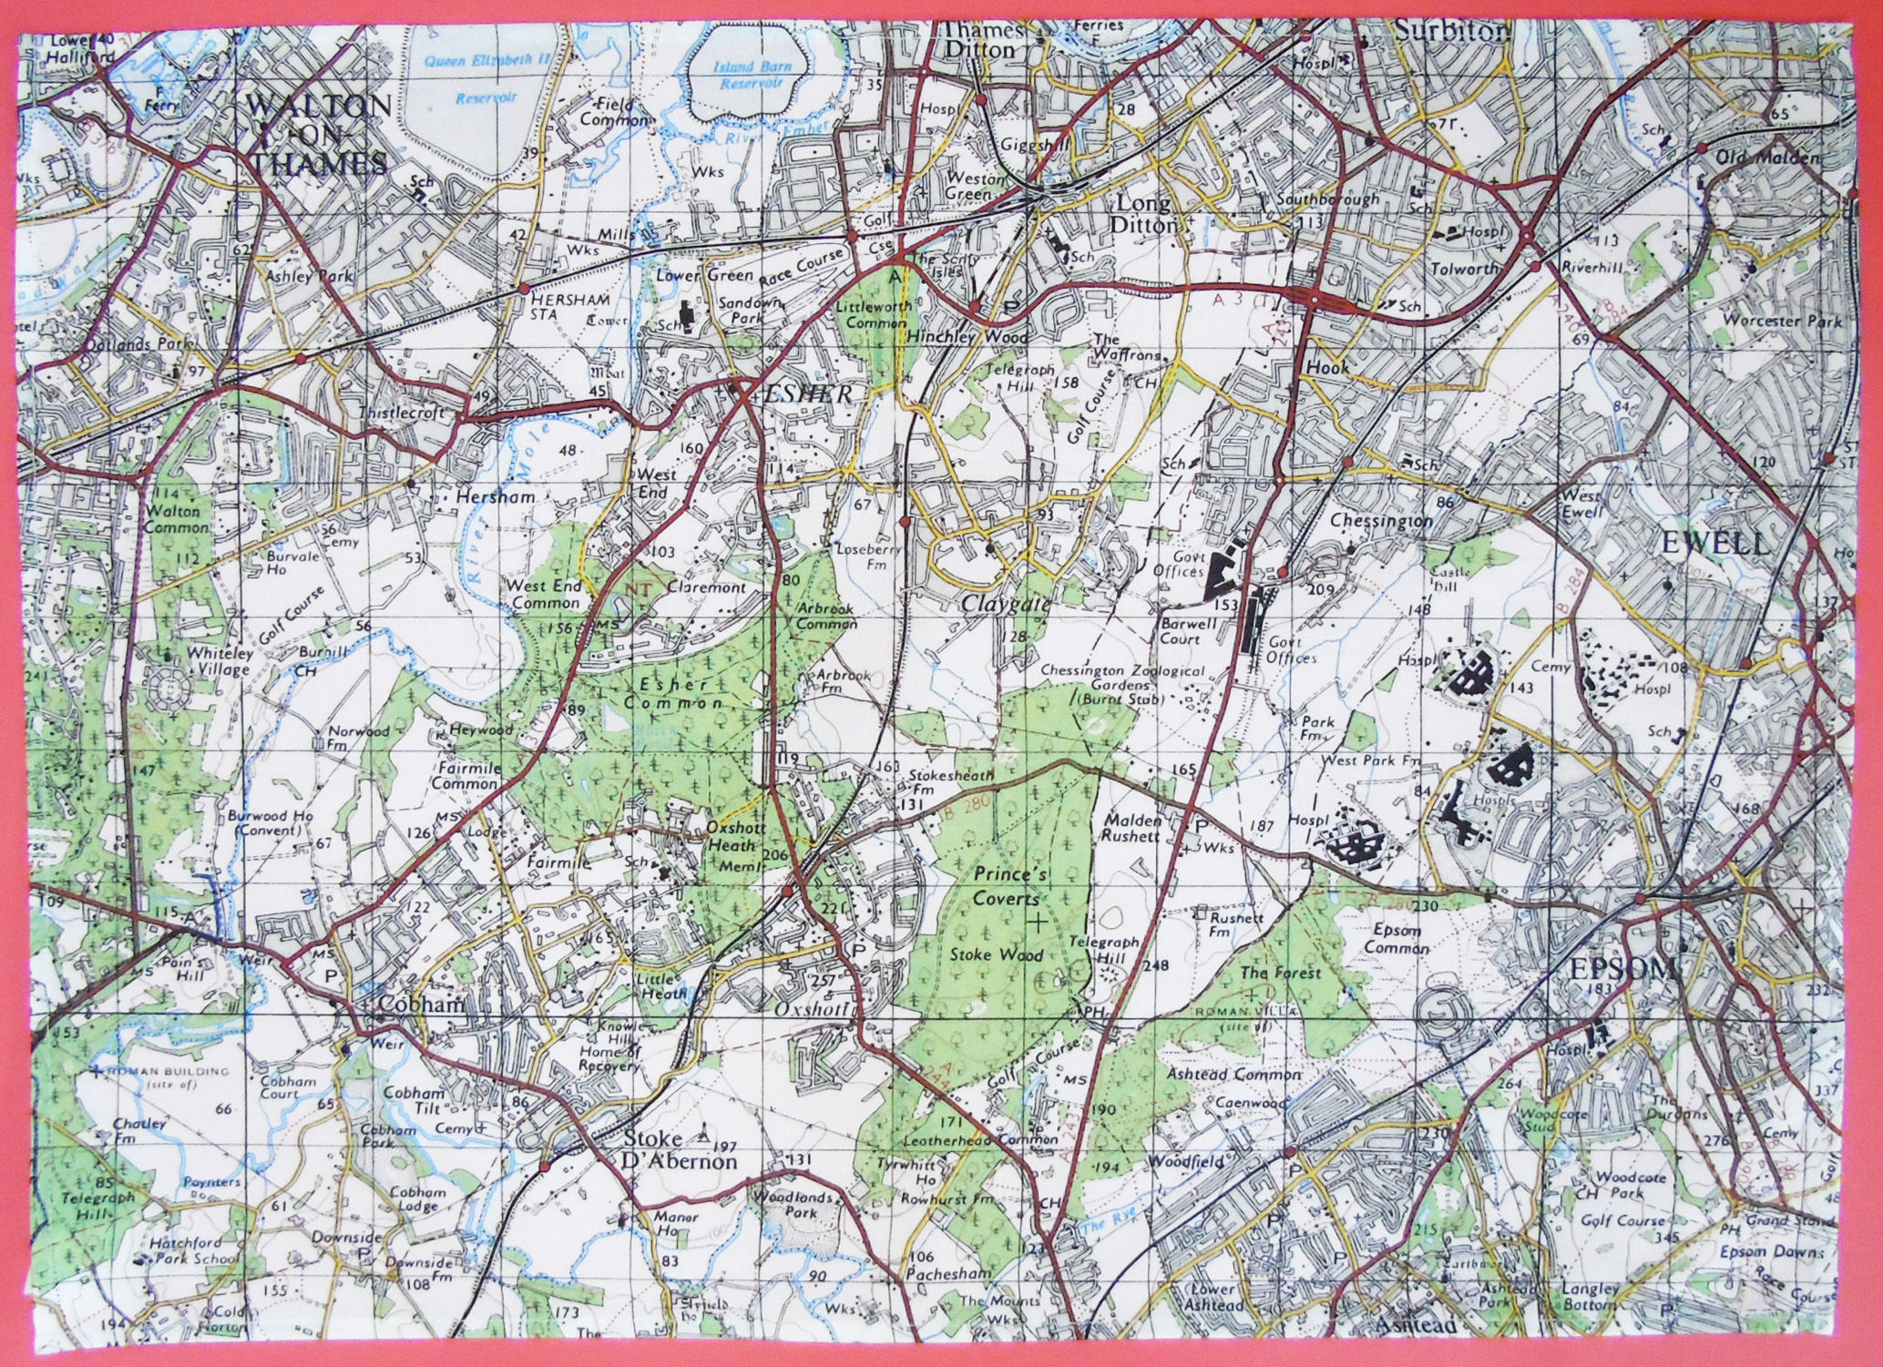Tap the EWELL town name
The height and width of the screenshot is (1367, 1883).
click(1715, 544)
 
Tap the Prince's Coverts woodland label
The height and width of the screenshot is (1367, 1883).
click(1007, 885)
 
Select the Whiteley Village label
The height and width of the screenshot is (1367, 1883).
click(218, 661)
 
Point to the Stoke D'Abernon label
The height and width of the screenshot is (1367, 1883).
click(680, 1151)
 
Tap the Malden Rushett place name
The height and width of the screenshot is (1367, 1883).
click(1131, 826)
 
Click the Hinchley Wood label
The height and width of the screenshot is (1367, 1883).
click(967, 336)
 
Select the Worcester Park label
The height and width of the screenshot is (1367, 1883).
click(1783, 321)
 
